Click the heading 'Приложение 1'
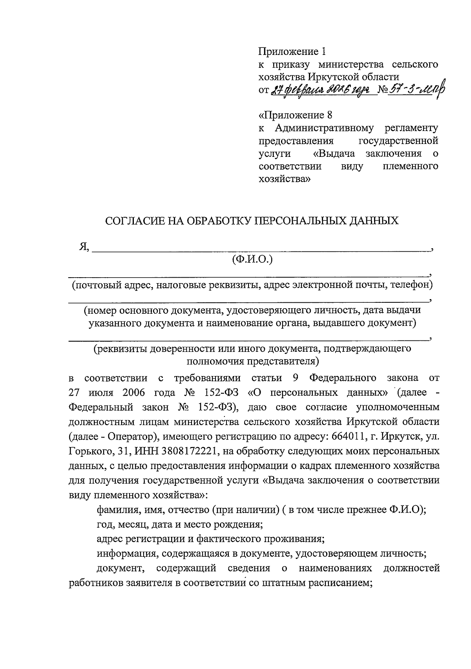tap(292, 51)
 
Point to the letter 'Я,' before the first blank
tap(84, 247)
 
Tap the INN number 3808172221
tap(190, 451)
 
